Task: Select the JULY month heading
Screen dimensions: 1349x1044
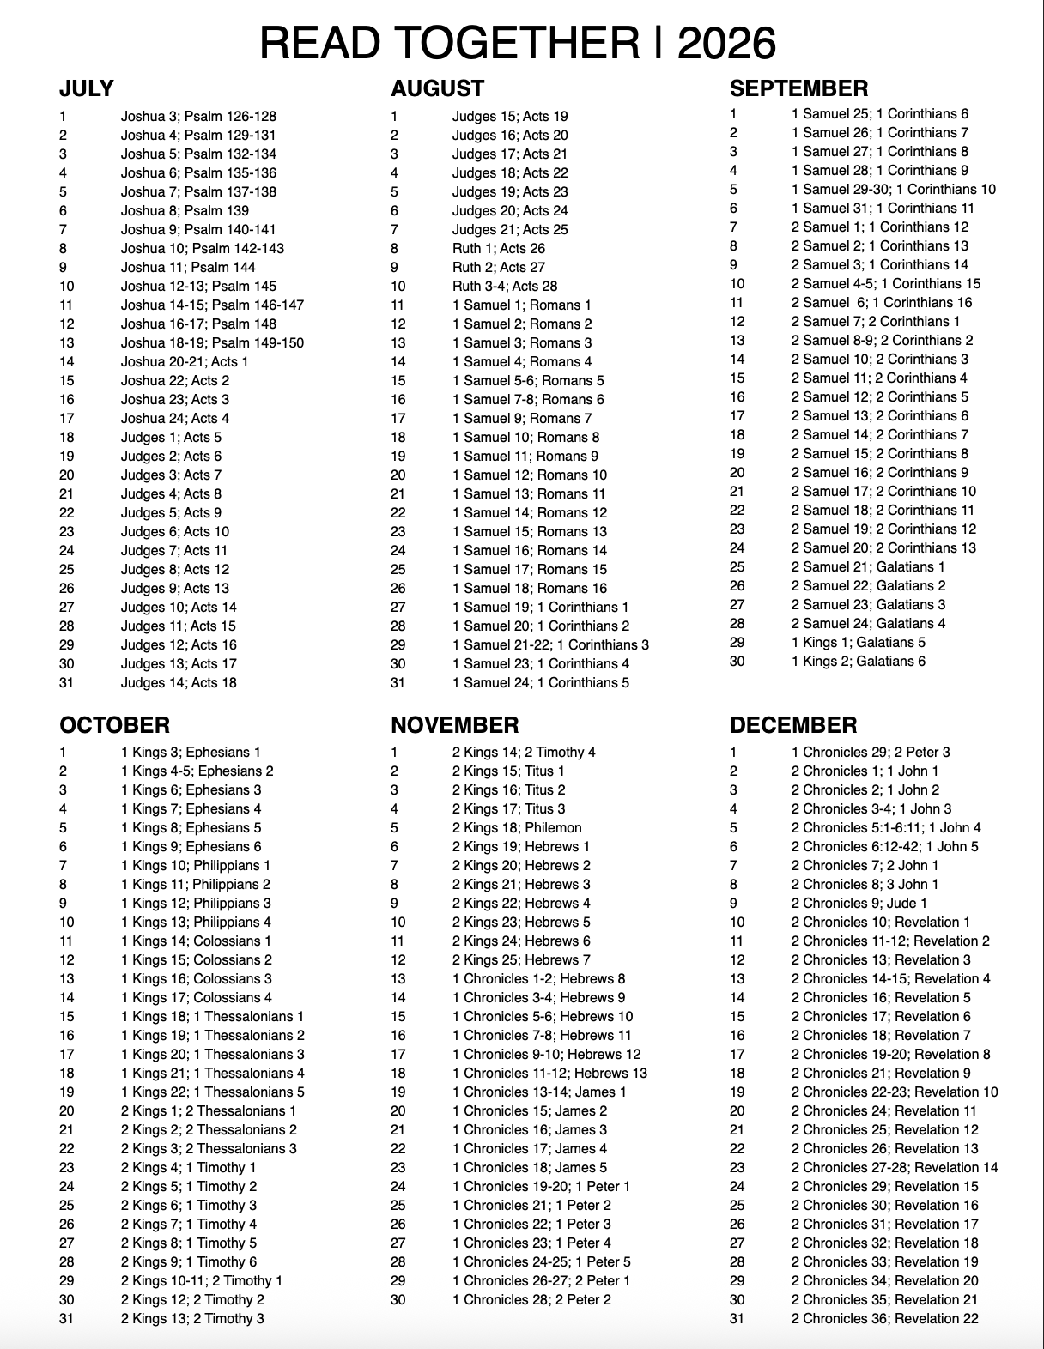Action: (x=87, y=88)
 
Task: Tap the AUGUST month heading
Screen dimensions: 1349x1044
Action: (x=437, y=88)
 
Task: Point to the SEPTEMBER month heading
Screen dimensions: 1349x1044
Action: (x=798, y=88)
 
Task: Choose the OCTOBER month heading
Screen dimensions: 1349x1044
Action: (x=114, y=725)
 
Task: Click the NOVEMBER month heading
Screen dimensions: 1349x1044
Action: (x=454, y=725)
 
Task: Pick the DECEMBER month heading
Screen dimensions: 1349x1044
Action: (x=792, y=725)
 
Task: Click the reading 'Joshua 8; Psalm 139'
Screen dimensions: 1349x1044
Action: (x=185, y=210)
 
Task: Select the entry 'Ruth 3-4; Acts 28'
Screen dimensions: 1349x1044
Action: (x=505, y=286)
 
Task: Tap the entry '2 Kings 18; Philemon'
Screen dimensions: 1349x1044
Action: (x=517, y=827)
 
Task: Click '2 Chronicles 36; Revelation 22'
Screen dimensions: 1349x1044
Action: (x=884, y=1318)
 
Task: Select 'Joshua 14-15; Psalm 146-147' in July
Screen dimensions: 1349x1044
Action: (x=212, y=305)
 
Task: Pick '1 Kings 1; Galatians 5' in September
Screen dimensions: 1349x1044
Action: (x=859, y=642)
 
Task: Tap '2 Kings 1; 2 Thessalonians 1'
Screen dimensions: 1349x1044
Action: (x=209, y=1110)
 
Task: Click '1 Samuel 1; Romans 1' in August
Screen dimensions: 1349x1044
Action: (x=522, y=305)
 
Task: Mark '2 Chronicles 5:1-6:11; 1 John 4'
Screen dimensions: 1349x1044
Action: (x=886, y=827)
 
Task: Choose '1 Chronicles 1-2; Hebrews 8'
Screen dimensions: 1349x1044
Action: (x=538, y=978)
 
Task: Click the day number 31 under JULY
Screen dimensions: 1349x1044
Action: (x=66, y=682)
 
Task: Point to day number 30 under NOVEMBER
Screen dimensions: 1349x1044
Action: (x=398, y=1299)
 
